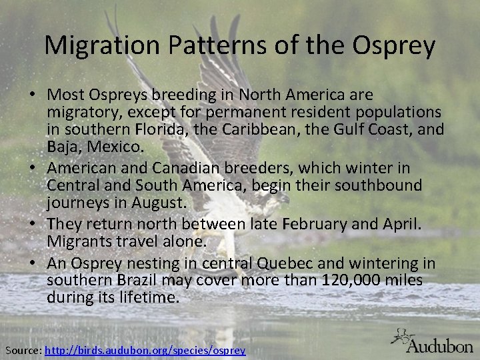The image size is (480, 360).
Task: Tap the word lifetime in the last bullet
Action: click(x=152, y=297)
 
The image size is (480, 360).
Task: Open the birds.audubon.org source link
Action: click(x=145, y=349)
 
